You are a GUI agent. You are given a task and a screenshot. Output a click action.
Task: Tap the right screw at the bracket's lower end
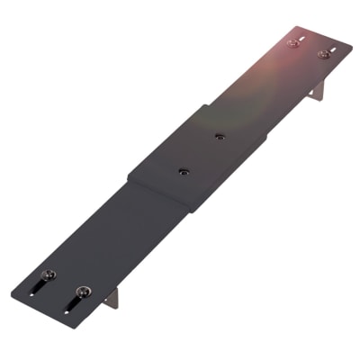83,291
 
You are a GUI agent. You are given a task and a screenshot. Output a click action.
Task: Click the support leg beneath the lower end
111,298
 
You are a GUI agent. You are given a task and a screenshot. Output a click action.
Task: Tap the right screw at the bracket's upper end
322,54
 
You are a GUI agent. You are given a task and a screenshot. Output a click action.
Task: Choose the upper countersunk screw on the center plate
220,137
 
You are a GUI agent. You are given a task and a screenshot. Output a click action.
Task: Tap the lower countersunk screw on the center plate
183,171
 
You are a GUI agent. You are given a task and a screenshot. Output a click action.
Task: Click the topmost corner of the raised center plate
200,106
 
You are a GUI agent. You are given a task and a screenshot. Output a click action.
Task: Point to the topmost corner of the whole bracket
290,28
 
